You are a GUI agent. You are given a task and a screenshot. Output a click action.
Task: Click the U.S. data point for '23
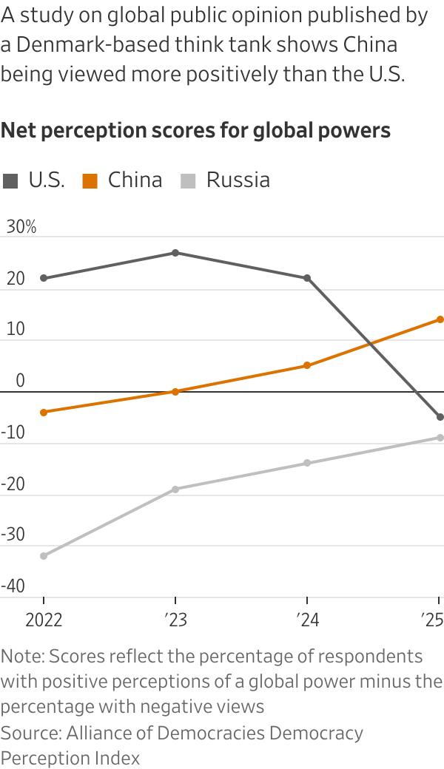[x=175, y=253]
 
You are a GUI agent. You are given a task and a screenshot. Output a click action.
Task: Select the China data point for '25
[x=440, y=319]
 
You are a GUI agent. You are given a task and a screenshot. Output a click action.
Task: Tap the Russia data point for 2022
[x=44, y=556]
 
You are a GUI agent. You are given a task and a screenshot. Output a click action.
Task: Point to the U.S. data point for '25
[x=440, y=417]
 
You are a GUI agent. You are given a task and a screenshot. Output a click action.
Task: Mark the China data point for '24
[x=307, y=365]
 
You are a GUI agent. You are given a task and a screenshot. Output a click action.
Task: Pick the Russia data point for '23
[x=175, y=489]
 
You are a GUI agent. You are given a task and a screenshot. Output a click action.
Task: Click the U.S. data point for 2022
[x=44, y=278]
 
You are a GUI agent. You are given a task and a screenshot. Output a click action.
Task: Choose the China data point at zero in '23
[x=175, y=391]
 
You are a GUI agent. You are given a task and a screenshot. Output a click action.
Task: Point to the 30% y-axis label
[x=21, y=227]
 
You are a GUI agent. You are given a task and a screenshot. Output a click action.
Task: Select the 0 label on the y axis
[x=20, y=381]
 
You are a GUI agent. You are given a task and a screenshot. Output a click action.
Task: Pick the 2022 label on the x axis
[x=44, y=619]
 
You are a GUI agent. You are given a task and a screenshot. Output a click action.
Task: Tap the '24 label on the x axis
[x=307, y=619]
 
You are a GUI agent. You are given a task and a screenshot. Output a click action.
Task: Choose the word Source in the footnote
[x=29, y=733]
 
